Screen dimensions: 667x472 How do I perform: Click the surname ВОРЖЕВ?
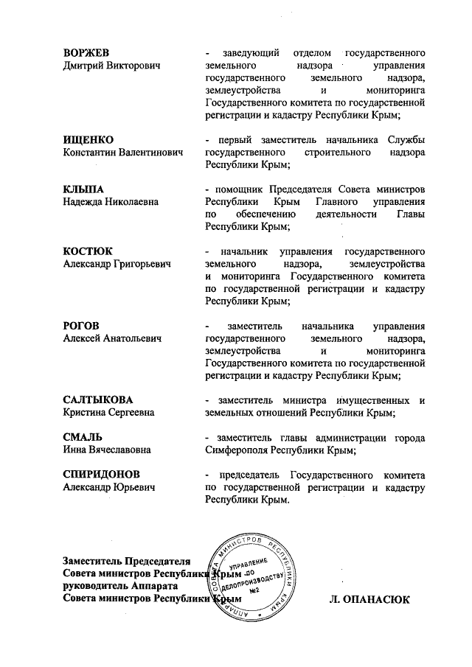tap(86, 54)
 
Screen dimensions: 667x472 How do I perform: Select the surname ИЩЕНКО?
tap(88, 140)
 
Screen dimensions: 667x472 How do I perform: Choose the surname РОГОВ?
tap(82, 326)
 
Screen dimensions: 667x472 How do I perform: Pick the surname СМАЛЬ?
tap(83, 436)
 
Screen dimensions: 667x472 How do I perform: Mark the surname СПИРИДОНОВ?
tap(101, 474)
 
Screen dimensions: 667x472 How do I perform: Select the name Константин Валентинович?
tap(123, 152)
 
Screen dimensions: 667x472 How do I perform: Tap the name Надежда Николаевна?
tap(111, 201)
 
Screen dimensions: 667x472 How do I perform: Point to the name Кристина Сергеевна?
tap(111, 413)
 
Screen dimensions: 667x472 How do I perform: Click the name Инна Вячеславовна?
tap(108, 449)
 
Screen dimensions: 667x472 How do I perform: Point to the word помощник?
tap(235, 189)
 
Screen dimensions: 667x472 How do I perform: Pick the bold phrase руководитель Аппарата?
tap(121, 587)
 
